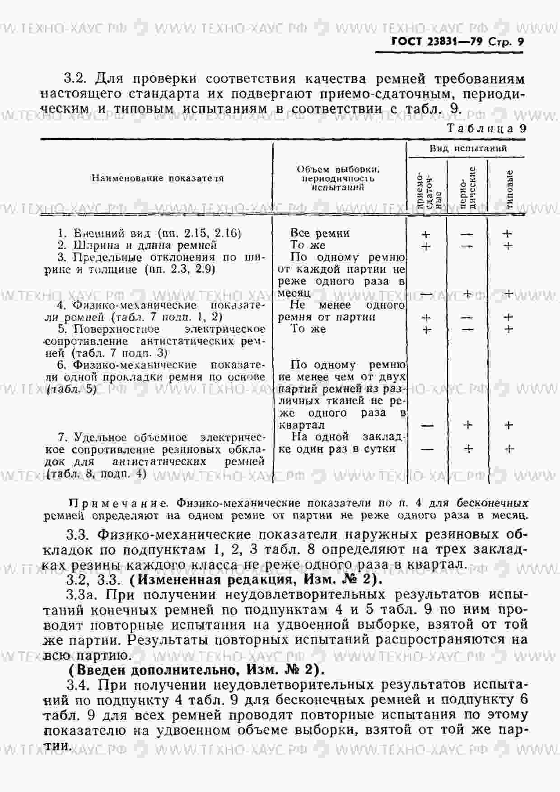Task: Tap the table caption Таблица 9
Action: point(486,128)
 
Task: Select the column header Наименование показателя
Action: point(158,178)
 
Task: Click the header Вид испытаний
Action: point(468,148)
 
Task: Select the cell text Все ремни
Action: point(320,233)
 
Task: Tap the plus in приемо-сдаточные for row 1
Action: point(425,235)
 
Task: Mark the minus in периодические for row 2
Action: point(467,246)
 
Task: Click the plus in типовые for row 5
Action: point(509,329)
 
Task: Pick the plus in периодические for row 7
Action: point(468,449)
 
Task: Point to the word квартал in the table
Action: point(302,425)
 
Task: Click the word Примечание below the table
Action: point(120,503)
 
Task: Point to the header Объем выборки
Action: point(338,170)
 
